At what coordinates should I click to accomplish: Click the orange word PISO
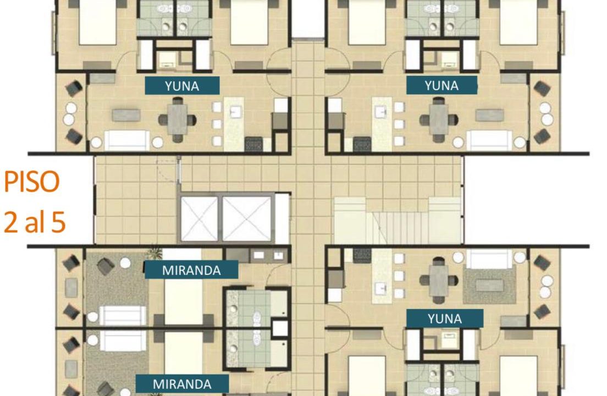coord(31,182)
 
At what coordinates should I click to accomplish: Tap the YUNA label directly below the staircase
coord(445,318)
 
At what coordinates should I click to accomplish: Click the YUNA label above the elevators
coord(182,86)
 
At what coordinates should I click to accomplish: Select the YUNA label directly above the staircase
coord(442,85)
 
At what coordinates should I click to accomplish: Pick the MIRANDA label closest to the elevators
coord(191,270)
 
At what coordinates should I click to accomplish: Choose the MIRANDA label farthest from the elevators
coord(182,384)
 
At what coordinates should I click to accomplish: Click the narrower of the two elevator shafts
coord(200,219)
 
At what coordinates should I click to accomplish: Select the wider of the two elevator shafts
coord(246,219)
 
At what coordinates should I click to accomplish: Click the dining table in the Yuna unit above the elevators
coord(178,119)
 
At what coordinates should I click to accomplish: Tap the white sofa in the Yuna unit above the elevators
coord(126,140)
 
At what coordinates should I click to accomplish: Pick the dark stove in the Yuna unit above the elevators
coord(253,144)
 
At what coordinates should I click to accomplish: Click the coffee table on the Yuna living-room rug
coord(490,285)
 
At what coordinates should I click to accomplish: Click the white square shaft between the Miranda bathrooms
coord(279,328)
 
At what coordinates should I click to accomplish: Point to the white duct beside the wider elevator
coord(282,219)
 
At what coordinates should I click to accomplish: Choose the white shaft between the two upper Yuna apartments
coord(308,19)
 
